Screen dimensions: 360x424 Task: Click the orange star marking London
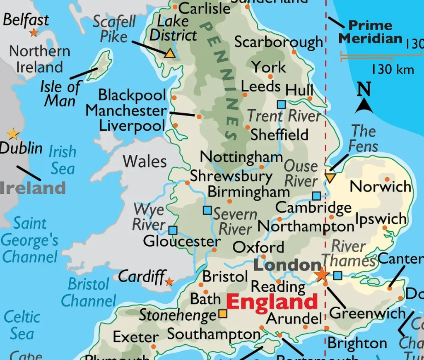[x=322, y=275]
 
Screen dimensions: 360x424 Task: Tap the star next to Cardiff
[x=169, y=282]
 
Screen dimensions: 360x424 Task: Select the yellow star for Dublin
[x=13, y=134]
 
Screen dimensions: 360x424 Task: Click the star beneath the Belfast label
[x=34, y=32]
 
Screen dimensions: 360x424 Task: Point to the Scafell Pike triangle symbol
[x=169, y=53]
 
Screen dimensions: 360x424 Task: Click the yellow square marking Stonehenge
[x=223, y=314]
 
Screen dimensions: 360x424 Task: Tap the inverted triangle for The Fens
[x=330, y=178]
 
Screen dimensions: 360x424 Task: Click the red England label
[x=272, y=302]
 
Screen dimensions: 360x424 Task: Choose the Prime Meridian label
[x=370, y=32]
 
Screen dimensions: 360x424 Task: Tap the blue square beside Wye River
[x=173, y=230]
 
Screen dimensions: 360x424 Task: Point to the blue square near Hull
[x=282, y=104]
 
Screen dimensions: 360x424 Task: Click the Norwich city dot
[x=387, y=179]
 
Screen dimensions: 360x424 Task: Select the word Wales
[x=145, y=161]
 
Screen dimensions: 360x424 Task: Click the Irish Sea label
[x=63, y=160]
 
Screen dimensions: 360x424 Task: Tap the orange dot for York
[x=270, y=77]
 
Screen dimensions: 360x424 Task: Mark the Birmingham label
[x=248, y=192]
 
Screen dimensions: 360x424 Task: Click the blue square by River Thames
[x=338, y=275]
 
